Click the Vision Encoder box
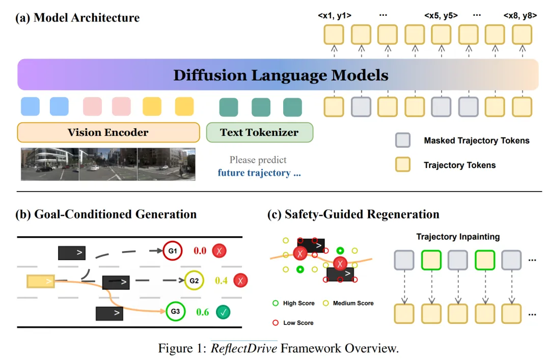click(x=108, y=132)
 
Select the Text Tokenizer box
click(x=259, y=132)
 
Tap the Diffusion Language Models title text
click(x=281, y=75)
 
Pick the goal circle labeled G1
click(x=172, y=251)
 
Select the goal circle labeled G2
click(x=194, y=280)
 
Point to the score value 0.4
click(x=222, y=281)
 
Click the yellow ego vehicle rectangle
click(x=41, y=281)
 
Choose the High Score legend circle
click(x=276, y=303)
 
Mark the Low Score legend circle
click(x=276, y=323)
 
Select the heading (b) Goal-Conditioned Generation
click(x=106, y=214)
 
